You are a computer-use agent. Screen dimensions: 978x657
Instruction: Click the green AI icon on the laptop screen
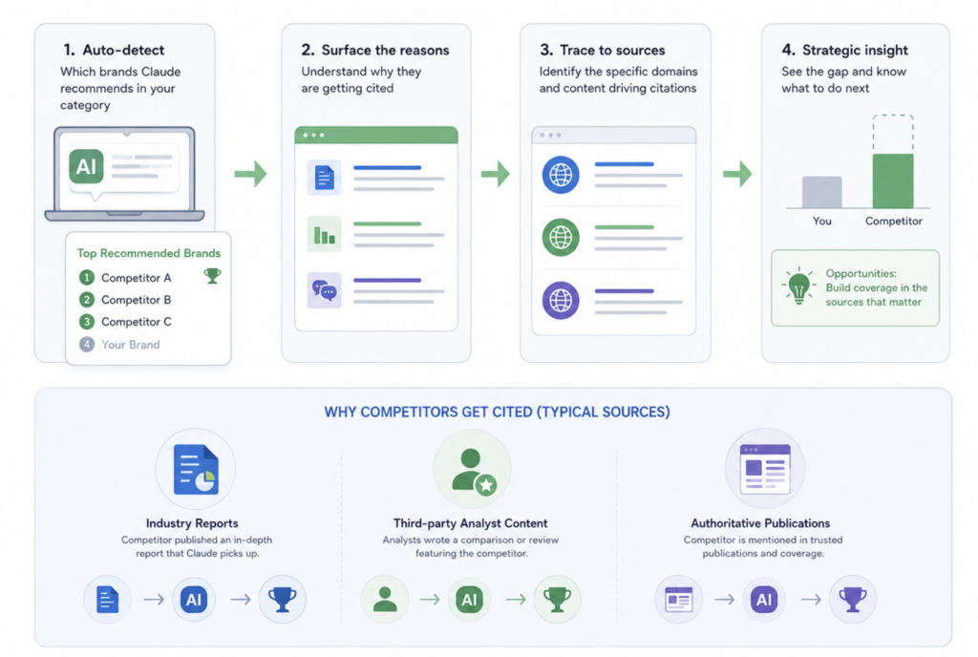click(86, 166)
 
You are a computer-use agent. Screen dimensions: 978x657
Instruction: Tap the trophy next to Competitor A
click(212, 276)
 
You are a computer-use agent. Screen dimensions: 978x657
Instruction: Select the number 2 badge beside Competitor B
click(87, 300)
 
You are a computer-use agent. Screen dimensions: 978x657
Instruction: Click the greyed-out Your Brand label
click(130, 345)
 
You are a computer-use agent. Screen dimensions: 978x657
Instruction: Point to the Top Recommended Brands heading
click(148, 253)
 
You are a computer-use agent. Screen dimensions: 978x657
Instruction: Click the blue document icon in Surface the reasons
click(325, 178)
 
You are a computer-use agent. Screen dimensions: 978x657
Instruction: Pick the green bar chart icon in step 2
click(325, 234)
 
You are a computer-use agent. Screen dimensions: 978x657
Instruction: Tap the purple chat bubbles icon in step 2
click(325, 290)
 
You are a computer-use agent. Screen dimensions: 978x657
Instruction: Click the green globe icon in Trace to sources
click(561, 238)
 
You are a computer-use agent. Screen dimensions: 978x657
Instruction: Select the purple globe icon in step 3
click(561, 301)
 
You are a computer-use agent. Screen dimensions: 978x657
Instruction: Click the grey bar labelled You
click(822, 192)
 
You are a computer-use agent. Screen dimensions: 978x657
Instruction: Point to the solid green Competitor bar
click(893, 180)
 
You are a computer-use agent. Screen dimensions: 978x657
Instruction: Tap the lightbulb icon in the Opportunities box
click(798, 286)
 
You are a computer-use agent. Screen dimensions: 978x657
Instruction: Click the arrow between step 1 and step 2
click(251, 174)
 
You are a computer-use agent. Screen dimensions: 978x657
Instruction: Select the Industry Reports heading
click(192, 523)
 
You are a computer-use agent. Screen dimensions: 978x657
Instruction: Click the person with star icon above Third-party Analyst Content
click(473, 471)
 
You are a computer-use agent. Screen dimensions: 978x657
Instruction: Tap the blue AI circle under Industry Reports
click(194, 600)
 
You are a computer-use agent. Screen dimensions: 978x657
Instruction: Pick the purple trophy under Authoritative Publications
click(853, 600)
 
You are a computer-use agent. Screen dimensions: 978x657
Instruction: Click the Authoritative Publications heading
click(760, 523)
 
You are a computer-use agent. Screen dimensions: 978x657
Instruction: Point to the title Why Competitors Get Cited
click(497, 412)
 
